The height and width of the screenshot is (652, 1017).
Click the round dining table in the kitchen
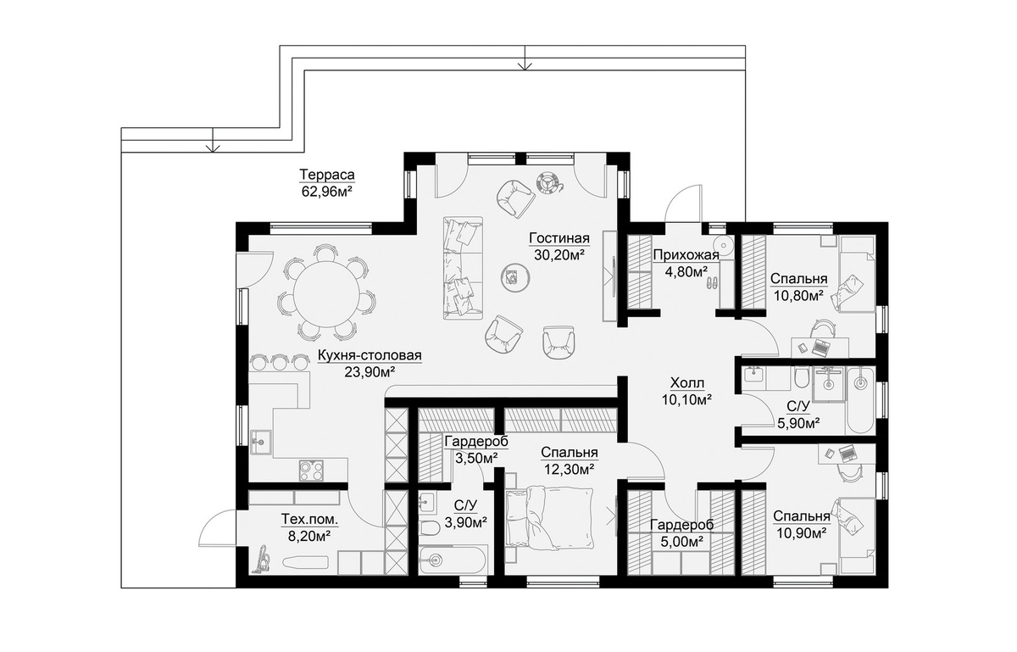click(326, 294)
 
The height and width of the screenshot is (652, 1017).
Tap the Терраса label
click(327, 175)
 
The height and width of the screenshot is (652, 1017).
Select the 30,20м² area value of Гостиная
click(559, 255)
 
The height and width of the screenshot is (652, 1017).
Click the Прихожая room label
click(686, 255)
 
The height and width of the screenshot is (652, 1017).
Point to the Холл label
click(687, 383)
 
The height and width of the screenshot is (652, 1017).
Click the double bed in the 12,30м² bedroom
click(549, 517)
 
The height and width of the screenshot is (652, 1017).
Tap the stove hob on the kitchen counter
click(312, 470)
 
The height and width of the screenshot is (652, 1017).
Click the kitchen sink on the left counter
click(261, 442)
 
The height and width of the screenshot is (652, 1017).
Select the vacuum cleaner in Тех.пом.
click(262, 560)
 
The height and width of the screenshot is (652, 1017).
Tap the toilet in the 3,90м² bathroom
click(429, 528)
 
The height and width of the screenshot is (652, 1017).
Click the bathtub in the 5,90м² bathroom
click(859, 401)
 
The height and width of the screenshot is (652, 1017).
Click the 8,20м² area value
click(309, 536)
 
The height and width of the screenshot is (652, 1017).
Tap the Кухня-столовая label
click(370, 355)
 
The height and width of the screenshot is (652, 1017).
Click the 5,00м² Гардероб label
click(682, 525)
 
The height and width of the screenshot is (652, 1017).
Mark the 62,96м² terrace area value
click(327, 192)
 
